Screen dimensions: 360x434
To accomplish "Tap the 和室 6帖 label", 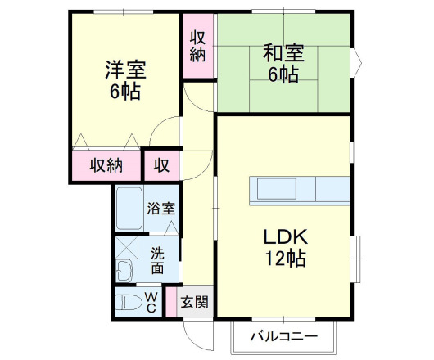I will pos(283,63).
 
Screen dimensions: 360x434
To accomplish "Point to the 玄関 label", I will pos(194,301).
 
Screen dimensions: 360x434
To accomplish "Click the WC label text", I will pos(152,302).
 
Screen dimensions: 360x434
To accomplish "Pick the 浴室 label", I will pos(160,208).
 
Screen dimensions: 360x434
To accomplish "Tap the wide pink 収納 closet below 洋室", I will pos(106,165).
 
